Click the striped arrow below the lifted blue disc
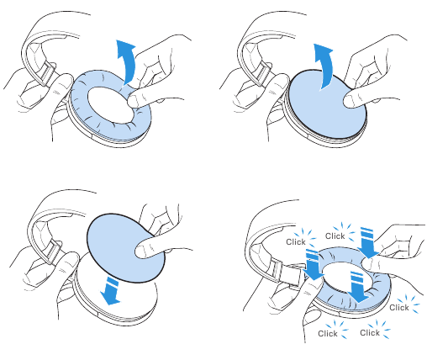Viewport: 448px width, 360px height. (x=112, y=290)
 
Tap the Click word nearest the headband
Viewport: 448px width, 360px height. (x=296, y=242)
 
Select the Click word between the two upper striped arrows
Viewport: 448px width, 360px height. (x=335, y=236)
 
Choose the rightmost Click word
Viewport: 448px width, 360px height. (x=399, y=308)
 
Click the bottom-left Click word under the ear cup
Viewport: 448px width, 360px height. (x=328, y=334)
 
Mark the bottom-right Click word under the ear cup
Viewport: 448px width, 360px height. (x=370, y=333)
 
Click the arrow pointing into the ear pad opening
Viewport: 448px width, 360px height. (x=358, y=287)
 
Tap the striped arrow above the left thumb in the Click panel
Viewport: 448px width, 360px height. (x=313, y=264)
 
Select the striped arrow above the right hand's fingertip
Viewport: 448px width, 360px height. (x=368, y=243)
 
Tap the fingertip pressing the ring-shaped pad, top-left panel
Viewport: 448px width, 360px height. (x=134, y=101)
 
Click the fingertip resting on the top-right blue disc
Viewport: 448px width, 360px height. (x=350, y=102)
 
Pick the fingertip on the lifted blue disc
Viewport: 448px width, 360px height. (x=142, y=251)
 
